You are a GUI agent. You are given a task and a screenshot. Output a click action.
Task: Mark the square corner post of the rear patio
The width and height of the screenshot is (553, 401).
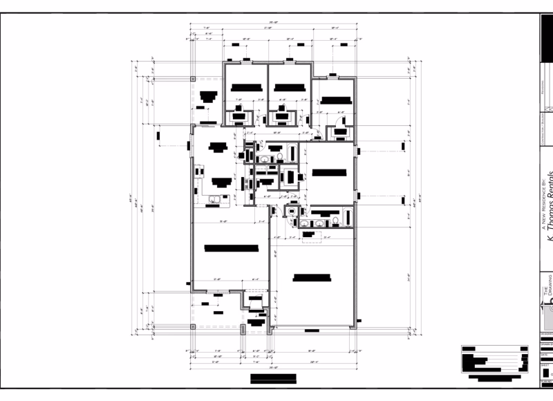193,79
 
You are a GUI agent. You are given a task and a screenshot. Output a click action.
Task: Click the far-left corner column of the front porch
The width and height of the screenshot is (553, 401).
193,326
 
